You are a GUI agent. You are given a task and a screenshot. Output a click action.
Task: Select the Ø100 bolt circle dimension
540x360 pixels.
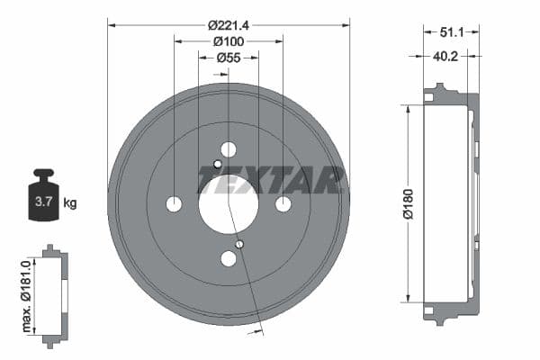coord(228,40)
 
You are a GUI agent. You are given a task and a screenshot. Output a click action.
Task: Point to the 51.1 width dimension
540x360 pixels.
coord(452,32)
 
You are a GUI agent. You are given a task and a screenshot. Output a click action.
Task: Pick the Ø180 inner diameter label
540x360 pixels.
coord(406,203)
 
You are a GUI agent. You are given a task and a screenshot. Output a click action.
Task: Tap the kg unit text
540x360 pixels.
coord(70,203)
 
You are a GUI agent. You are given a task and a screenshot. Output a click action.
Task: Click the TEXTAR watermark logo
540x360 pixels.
coord(270,180)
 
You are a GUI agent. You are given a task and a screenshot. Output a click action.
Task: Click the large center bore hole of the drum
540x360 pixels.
coord(229,203)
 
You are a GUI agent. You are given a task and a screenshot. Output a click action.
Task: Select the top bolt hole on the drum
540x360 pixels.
coord(229,149)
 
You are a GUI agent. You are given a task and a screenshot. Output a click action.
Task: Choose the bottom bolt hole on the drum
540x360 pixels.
coord(229,259)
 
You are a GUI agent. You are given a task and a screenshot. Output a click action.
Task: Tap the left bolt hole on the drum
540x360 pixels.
coord(174,204)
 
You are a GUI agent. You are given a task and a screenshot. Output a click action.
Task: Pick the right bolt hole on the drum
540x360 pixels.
coord(283,204)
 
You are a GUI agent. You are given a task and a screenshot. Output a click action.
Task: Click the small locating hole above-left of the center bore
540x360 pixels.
coord(217,164)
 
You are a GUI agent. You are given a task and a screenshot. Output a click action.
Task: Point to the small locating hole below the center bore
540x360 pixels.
coord(239,244)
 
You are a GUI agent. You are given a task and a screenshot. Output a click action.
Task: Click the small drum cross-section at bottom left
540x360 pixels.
coord(54,294)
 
